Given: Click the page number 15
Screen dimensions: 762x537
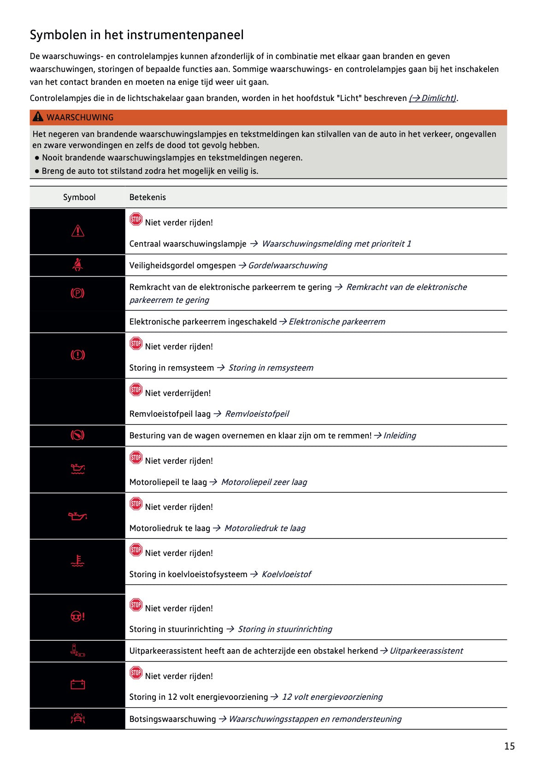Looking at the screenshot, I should pyautogui.click(x=509, y=746).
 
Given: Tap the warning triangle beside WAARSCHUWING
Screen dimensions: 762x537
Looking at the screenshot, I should pyautogui.click(x=38, y=117).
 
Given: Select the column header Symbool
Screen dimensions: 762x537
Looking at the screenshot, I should pyautogui.click(x=79, y=197).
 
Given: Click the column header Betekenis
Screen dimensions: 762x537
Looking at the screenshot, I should pyautogui.click(x=148, y=197).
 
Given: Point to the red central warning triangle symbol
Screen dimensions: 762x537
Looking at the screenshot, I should pyautogui.click(x=78, y=230).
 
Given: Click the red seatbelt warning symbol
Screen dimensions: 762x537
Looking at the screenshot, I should pyautogui.click(x=78, y=265).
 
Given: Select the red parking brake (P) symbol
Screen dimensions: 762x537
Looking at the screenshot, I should pyautogui.click(x=77, y=293).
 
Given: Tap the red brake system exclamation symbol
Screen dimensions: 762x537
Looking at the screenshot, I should pyautogui.click(x=77, y=355).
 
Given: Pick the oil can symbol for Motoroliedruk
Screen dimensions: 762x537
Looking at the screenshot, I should pyautogui.click(x=77, y=516).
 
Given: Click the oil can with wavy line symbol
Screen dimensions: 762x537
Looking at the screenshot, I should pyautogui.click(x=77, y=469).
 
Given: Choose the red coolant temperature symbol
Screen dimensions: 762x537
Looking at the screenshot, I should pyautogui.click(x=77, y=561).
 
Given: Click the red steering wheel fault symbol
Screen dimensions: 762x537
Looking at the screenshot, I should pyautogui.click(x=77, y=617).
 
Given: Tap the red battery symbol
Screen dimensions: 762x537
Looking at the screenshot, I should pyautogui.click(x=77, y=685).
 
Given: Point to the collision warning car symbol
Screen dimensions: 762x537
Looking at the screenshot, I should pyautogui.click(x=77, y=718).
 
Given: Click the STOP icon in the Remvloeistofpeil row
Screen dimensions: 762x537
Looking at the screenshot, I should pyautogui.click(x=136, y=390).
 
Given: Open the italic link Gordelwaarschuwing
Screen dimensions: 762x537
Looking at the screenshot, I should pyautogui.click(x=288, y=266).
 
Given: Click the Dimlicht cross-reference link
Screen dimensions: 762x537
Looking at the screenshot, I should pyautogui.click(x=433, y=98).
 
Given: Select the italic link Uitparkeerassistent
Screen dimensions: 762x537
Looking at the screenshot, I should pyautogui.click(x=426, y=651).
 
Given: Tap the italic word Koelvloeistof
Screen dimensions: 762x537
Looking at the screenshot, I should pyautogui.click(x=286, y=574).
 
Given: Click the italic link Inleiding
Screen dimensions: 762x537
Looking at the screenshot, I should pyautogui.click(x=399, y=436).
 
